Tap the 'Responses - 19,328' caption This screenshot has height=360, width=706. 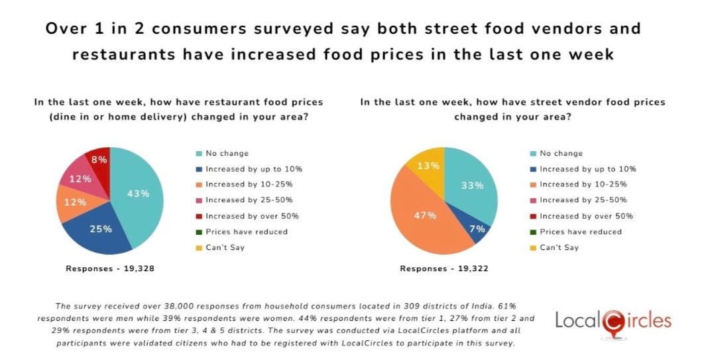(x=110, y=269)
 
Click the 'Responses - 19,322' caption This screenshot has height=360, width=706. (x=444, y=269)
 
